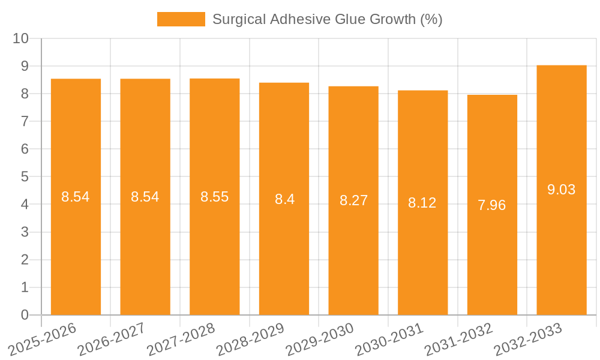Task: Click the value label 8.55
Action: click(x=214, y=197)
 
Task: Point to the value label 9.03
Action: click(x=562, y=190)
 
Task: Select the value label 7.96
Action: click(x=492, y=205)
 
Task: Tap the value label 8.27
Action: click(x=353, y=200)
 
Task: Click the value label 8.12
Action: click(x=422, y=203)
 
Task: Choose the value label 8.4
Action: click(x=284, y=199)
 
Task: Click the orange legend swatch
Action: click(x=181, y=19)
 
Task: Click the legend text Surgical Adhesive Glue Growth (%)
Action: click(x=328, y=19)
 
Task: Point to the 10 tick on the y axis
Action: click(x=21, y=38)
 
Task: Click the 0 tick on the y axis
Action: click(x=25, y=315)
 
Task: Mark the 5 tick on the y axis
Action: click(x=25, y=177)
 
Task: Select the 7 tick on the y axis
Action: click(x=25, y=121)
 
